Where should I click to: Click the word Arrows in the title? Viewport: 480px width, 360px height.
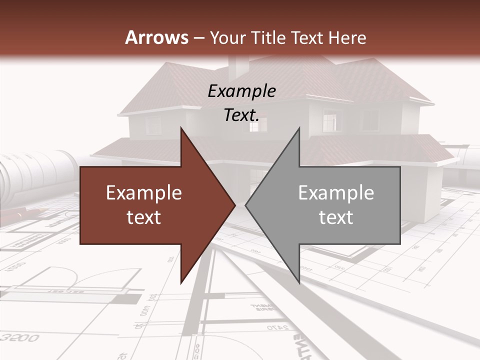(x=156, y=37)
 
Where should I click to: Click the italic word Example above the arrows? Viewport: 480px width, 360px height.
(x=241, y=91)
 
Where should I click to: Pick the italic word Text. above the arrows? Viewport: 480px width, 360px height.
(x=241, y=115)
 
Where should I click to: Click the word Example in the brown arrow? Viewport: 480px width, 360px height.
(x=144, y=193)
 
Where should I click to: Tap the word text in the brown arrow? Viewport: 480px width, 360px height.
(x=144, y=217)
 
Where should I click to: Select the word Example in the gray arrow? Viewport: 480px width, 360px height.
(x=336, y=193)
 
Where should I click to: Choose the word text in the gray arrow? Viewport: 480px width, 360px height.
(x=336, y=217)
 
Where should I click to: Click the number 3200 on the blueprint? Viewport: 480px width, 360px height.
(x=19, y=338)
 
